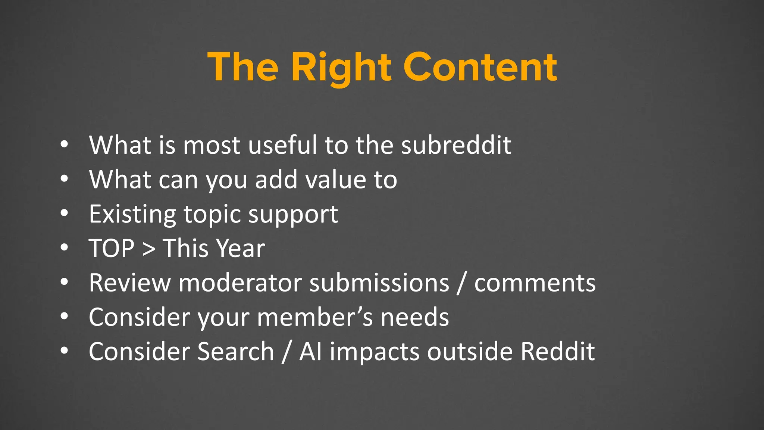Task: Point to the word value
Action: pos(335,180)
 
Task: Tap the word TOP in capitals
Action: pos(111,248)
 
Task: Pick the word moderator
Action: pos(240,283)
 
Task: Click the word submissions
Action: pos(379,283)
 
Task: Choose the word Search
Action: pos(236,352)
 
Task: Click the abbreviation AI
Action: pos(310,352)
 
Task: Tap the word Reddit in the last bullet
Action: pos(557,352)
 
